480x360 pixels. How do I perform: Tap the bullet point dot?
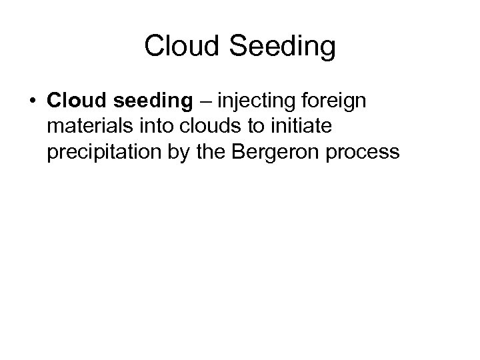[32, 102]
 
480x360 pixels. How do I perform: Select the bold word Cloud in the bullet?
[75, 101]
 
